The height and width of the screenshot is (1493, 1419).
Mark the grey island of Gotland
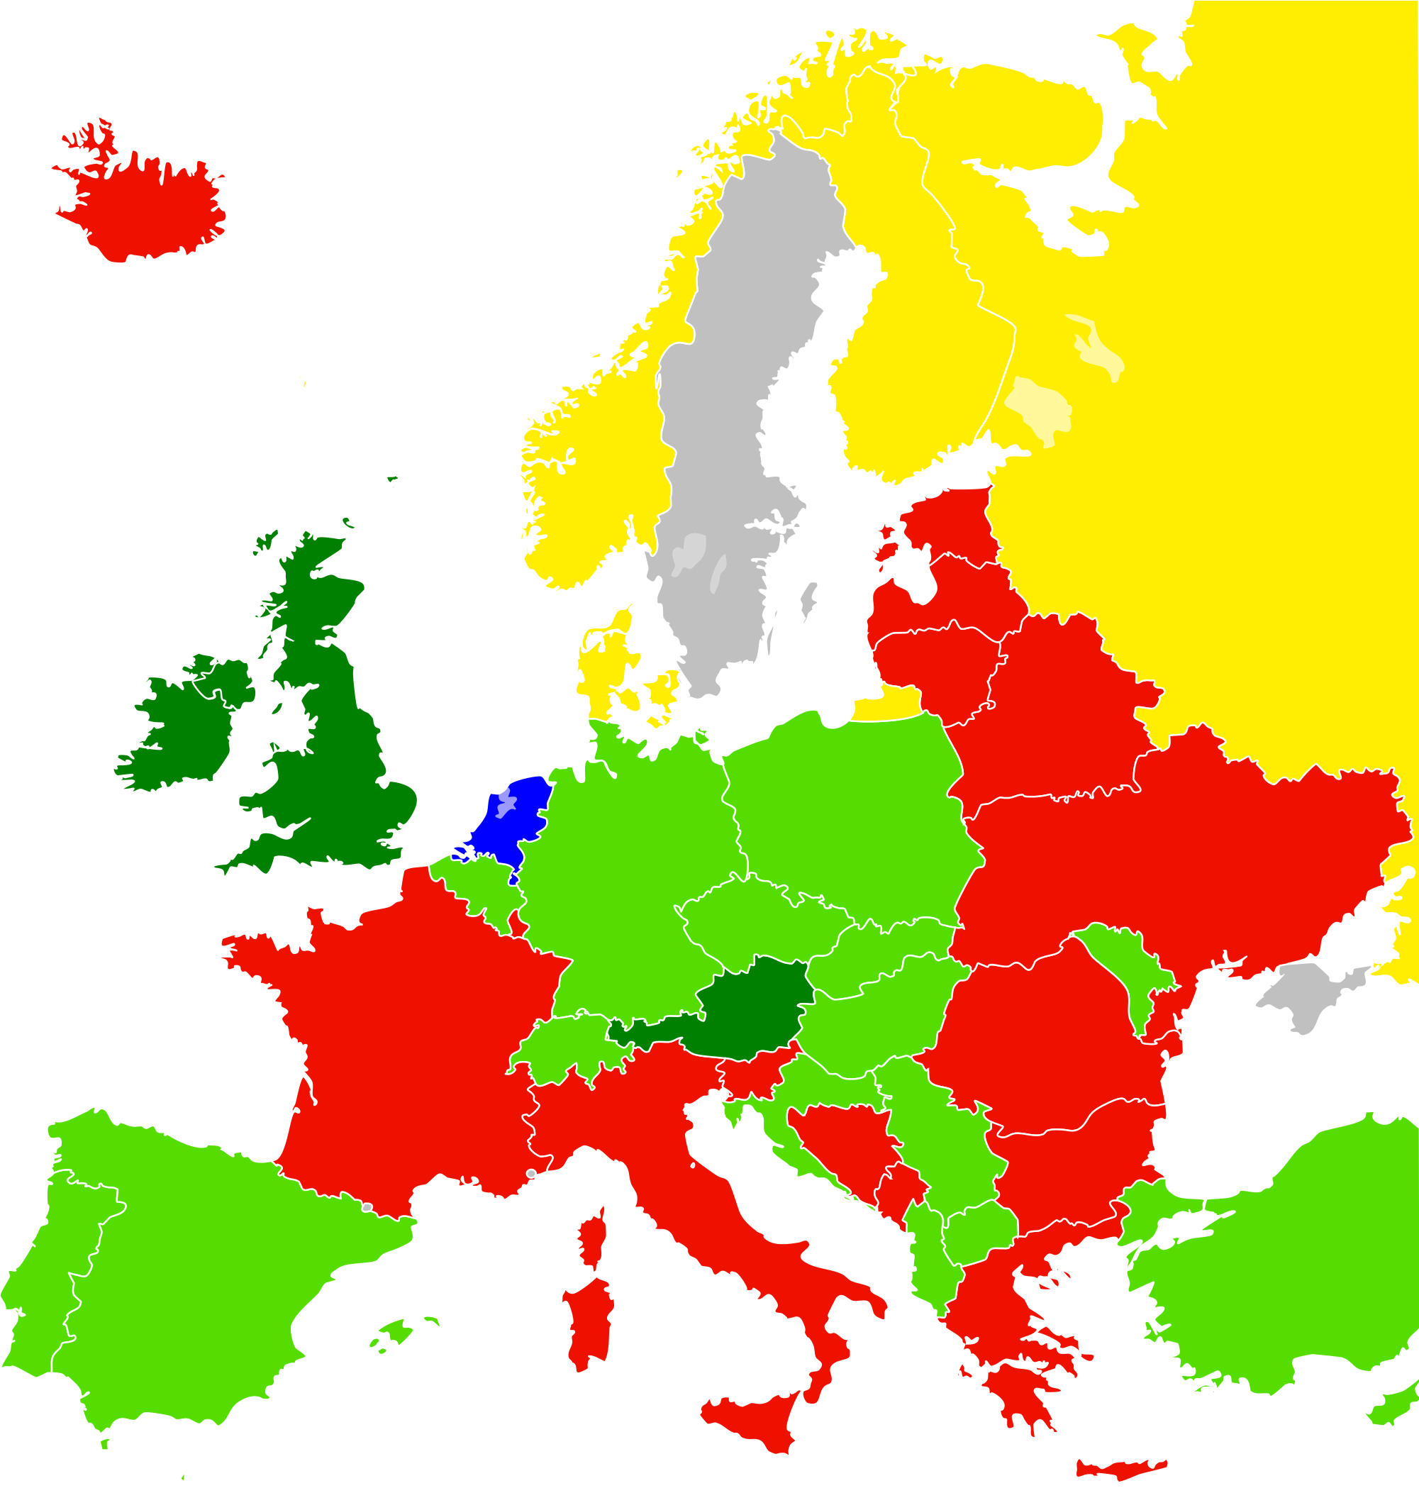pyautogui.click(x=808, y=601)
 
